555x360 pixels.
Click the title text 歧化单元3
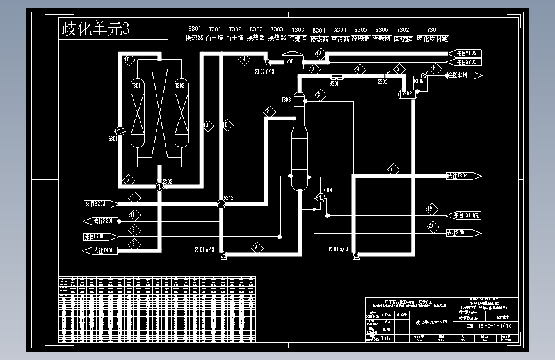click(95, 29)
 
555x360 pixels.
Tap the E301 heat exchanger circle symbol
click(119, 127)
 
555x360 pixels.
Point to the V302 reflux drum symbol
click(406, 94)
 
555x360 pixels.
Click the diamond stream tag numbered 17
click(126, 61)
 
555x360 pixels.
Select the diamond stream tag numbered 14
click(243, 61)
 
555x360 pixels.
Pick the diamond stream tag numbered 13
click(319, 53)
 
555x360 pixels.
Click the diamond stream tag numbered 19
click(431, 208)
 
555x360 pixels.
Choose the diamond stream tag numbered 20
click(431, 225)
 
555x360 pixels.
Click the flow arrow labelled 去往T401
click(101, 250)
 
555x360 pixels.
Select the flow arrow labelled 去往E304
click(463, 176)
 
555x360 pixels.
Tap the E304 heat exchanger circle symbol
click(318, 200)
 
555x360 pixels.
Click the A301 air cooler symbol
click(335, 78)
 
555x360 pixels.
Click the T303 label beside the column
click(286, 100)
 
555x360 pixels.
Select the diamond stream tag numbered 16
click(126, 179)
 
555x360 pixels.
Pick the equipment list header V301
click(433, 29)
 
